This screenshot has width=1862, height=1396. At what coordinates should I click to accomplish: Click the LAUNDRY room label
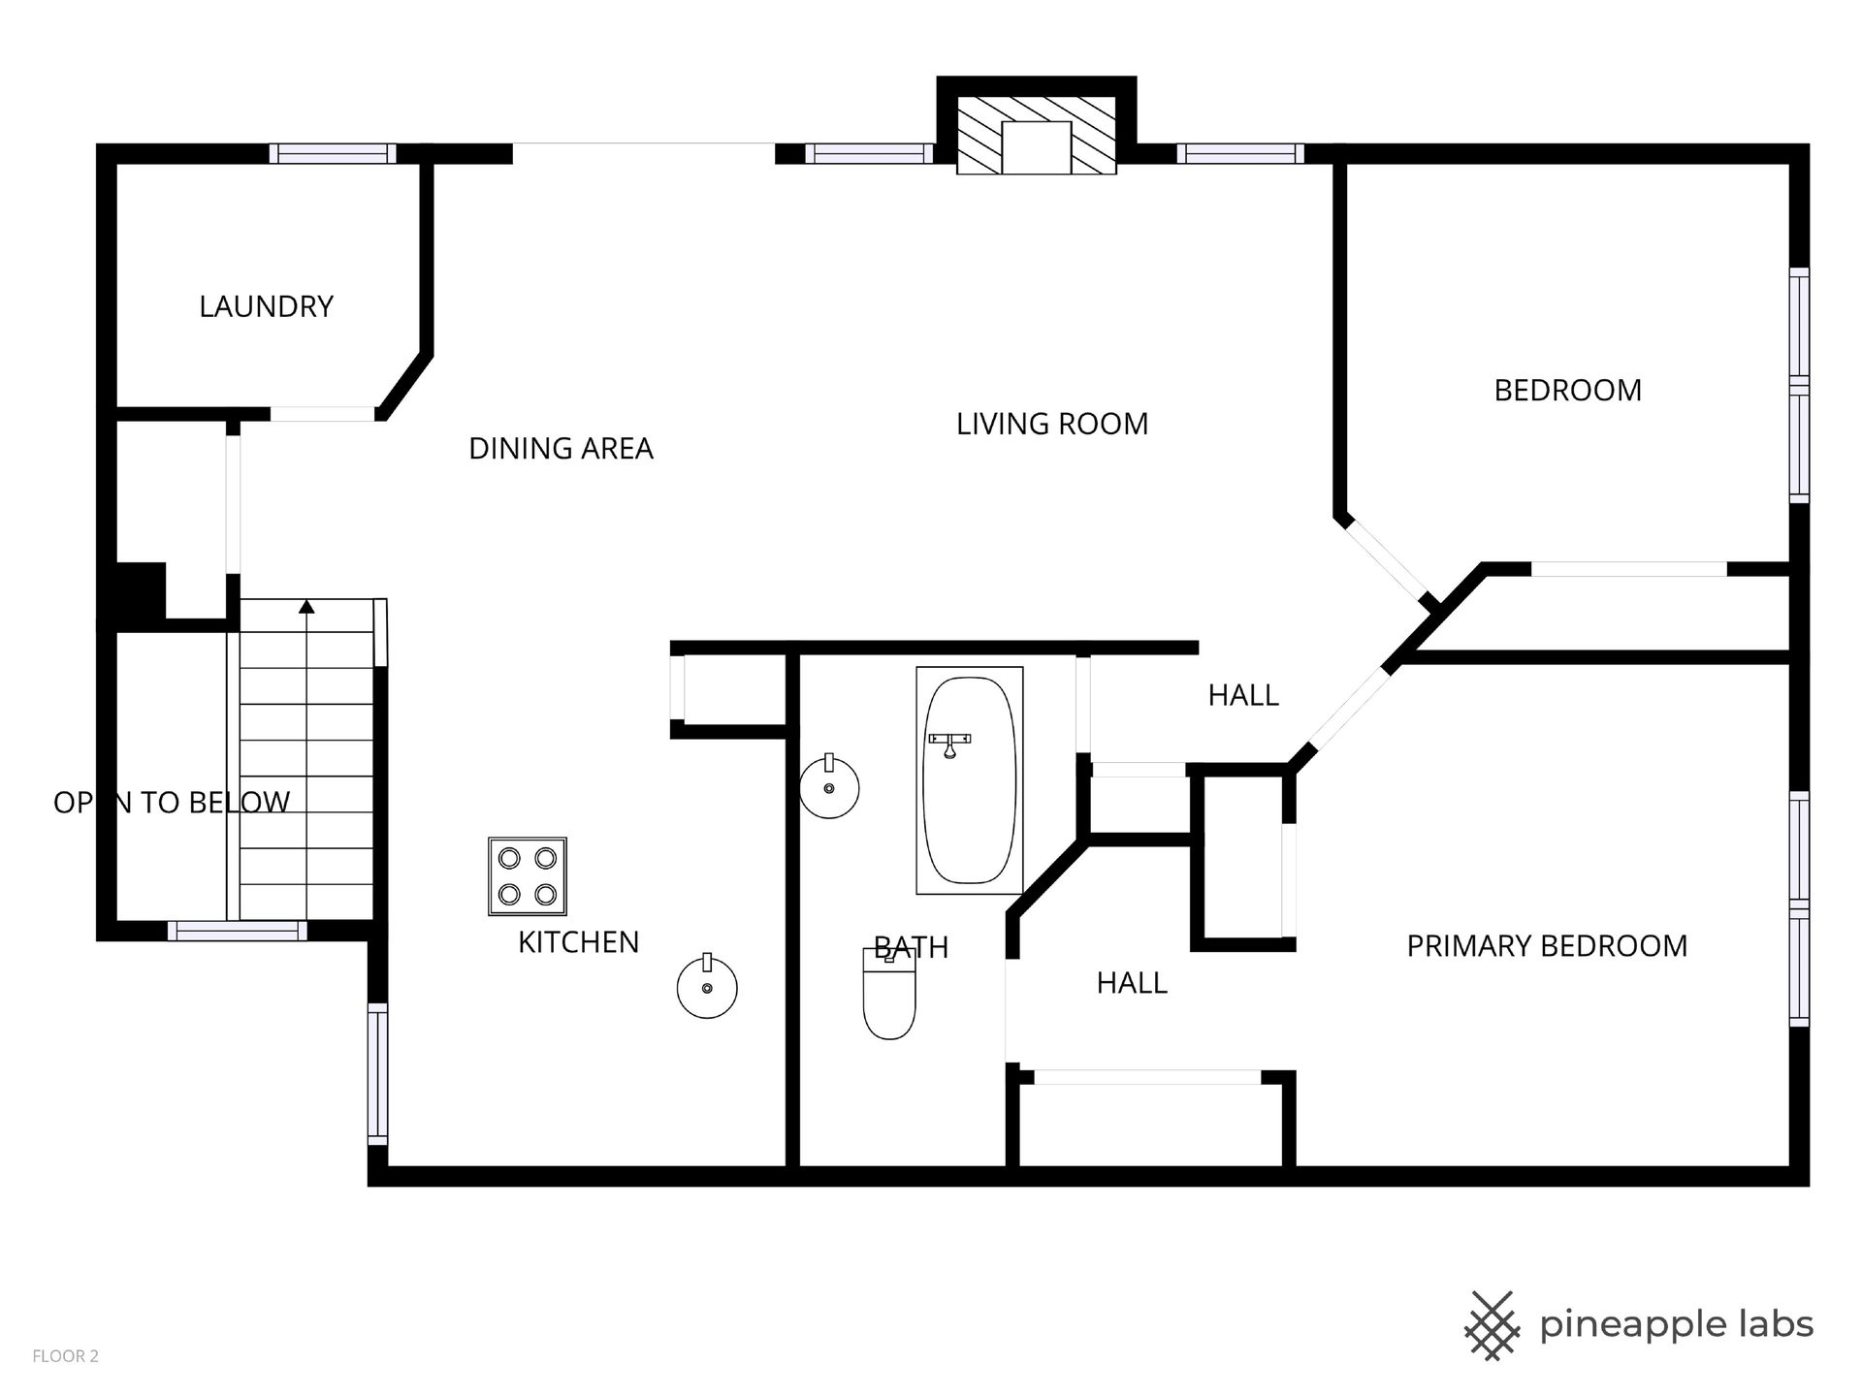click(x=266, y=307)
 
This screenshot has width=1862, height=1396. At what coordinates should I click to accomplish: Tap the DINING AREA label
click(x=561, y=449)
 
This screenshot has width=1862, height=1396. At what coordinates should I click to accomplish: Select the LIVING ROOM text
click(x=1052, y=425)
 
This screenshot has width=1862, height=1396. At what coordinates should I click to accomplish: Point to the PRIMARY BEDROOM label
click(x=1547, y=946)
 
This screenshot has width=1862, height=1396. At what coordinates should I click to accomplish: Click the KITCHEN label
click(x=578, y=942)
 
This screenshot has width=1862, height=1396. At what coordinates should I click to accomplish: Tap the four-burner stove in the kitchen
click(x=527, y=876)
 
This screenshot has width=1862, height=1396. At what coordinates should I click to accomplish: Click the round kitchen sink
click(x=707, y=986)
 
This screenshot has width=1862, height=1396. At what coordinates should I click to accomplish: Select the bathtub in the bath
click(x=970, y=780)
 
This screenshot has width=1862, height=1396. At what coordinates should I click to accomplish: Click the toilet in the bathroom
click(x=889, y=994)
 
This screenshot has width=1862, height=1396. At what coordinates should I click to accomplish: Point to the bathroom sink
click(x=829, y=786)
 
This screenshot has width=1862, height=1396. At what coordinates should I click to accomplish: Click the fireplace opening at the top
click(x=1036, y=147)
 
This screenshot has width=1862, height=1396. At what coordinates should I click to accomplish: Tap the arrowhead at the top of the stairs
click(x=306, y=607)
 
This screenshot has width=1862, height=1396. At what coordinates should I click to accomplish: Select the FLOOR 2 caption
click(x=66, y=1356)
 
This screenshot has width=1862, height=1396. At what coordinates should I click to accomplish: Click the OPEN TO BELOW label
click(x=172, y=803)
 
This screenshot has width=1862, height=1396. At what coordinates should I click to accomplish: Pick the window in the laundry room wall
click(x=333, y=153)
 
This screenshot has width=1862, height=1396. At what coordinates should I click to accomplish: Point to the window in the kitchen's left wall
click(x=377, y=1074)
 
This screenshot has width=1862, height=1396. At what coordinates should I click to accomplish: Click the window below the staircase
click(x=237, y=931)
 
